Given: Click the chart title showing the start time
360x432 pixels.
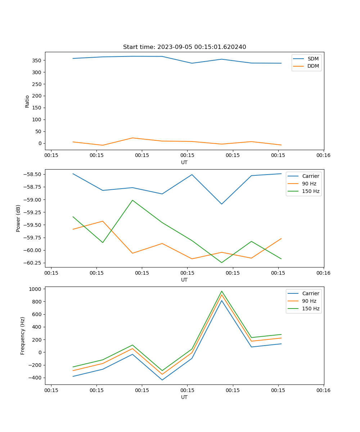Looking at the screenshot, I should tap(184, 47).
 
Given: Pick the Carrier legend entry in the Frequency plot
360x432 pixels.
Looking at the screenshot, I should tap(311, 293).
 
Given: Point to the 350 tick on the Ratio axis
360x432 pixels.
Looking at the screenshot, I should tap(37, 60).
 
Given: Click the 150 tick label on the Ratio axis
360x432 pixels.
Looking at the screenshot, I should tap(37, 108).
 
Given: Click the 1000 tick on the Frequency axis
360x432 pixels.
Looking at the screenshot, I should tap(36, 289).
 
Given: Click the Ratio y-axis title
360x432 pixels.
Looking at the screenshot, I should tap(27, 101).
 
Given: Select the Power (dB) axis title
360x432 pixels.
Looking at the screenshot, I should tap(18, 218).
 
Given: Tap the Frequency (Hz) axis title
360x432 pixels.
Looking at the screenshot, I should tap(23, 336).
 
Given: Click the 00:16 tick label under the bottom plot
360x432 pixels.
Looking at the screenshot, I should tap(323, 390).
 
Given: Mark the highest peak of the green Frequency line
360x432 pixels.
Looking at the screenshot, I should tap(222, 291).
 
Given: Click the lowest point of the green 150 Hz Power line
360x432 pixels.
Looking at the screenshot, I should tap(222, 262).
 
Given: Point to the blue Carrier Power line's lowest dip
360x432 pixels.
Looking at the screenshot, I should tap(222, 204).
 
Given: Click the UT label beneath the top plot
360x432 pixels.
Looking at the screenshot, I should tap(184, 162).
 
